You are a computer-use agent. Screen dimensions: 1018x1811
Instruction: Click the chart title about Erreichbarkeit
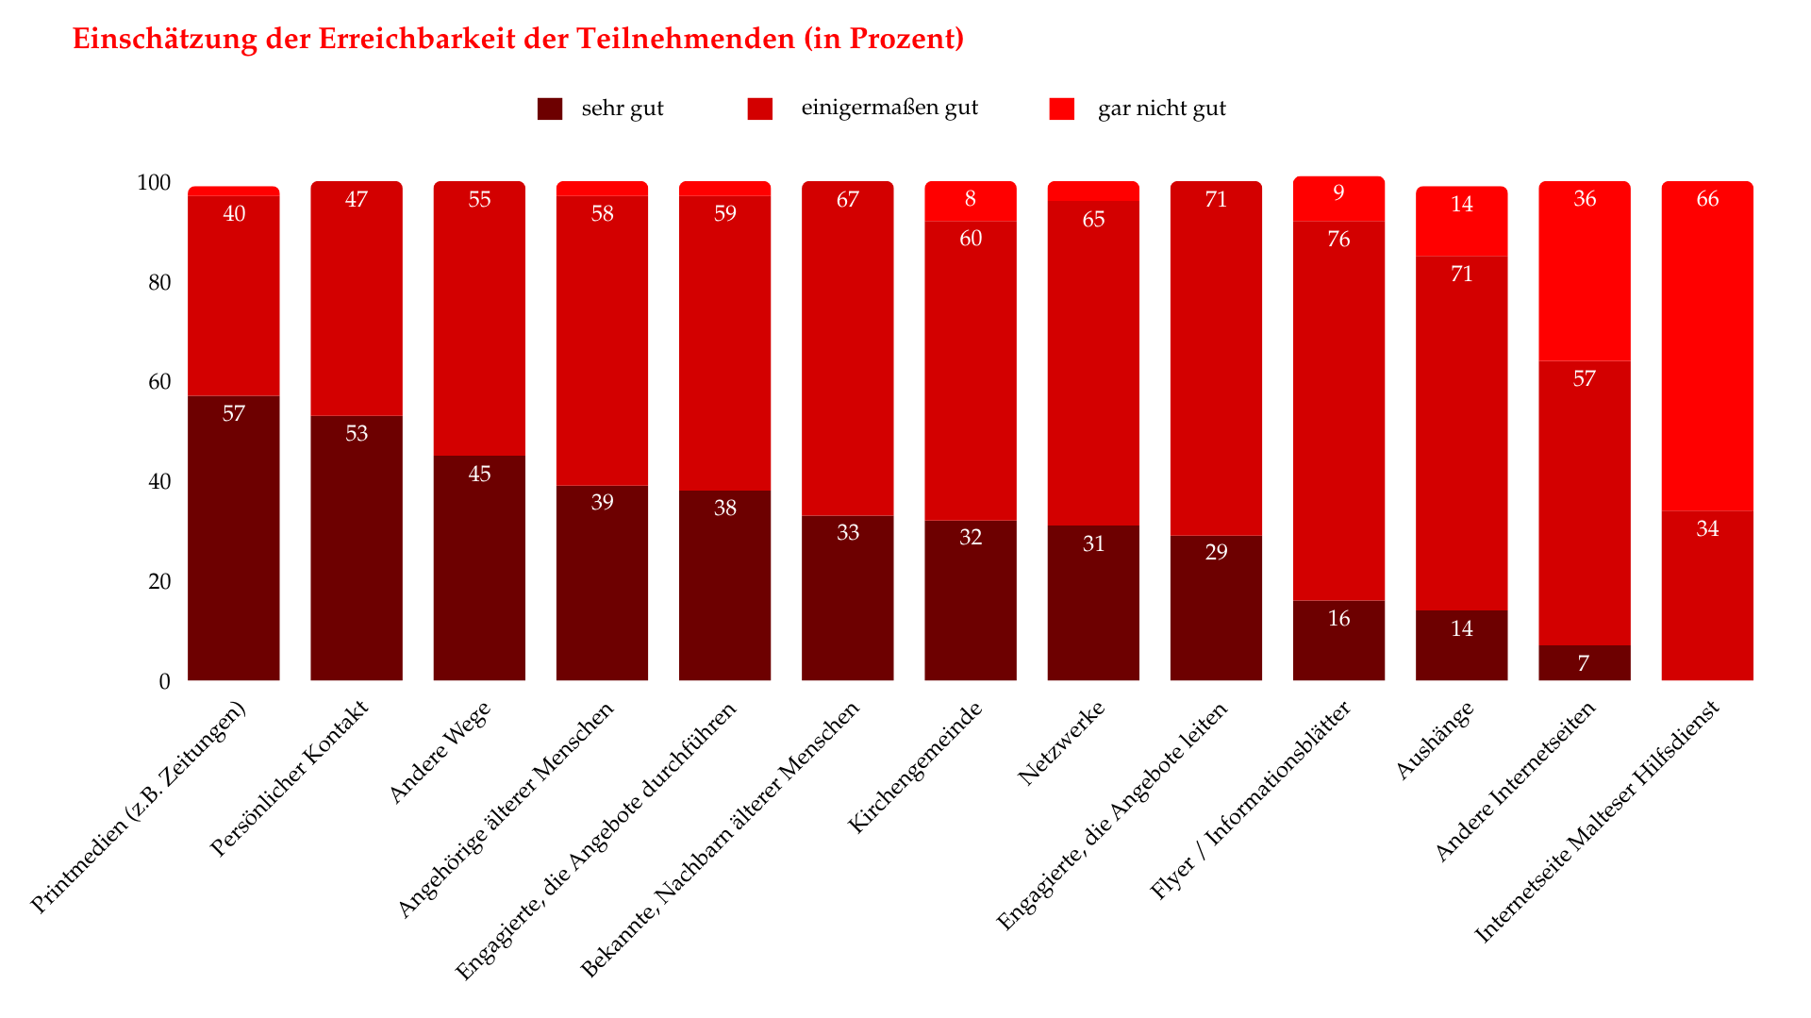point(518,39)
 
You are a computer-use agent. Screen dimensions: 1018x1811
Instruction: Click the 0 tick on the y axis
point(165,681)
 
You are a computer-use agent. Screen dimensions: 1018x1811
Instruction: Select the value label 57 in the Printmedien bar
point(234,414)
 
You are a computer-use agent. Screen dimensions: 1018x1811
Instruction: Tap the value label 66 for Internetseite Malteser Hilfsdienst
point(1707,199)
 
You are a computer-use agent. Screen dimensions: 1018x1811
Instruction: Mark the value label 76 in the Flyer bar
point(1338,240)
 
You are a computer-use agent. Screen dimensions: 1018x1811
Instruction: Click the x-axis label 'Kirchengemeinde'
point(915,767)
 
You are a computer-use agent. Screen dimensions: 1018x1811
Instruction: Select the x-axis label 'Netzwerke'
point(1061,743)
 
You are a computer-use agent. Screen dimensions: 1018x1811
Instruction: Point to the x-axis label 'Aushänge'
point(1434,741)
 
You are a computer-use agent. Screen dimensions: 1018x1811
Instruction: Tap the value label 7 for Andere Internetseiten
point(1584,664)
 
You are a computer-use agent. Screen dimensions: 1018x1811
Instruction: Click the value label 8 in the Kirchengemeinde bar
point(971,199)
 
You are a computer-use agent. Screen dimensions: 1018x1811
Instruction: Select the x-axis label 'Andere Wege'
point(440,752)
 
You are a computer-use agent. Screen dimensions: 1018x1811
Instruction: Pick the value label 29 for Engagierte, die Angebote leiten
point(1216,553)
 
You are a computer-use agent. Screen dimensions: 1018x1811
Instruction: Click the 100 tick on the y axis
point(154,183)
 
